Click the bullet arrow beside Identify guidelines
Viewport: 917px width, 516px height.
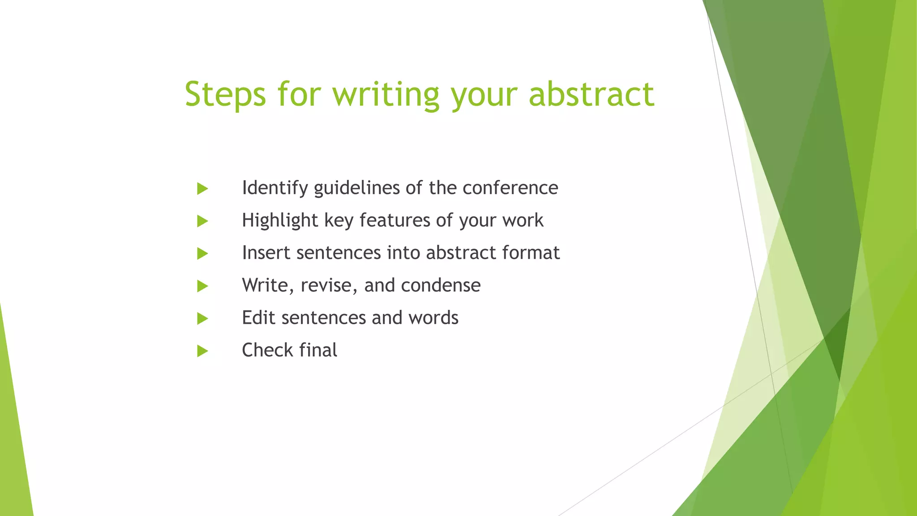[x=202, y=189]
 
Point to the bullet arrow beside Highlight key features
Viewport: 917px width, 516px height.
[x=202, y=221]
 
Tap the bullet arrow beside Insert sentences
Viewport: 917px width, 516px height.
[x=202, y=254]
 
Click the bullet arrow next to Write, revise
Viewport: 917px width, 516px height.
[x=202, y=286]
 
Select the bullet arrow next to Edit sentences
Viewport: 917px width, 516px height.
[x=202, y=318]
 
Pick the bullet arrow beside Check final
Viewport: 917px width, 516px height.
[x=202, y=351]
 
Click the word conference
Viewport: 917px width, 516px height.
[x=510, y=188]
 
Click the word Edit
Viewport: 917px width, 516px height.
[x=258, y=318]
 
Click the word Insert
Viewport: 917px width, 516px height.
[x=266, y=253]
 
